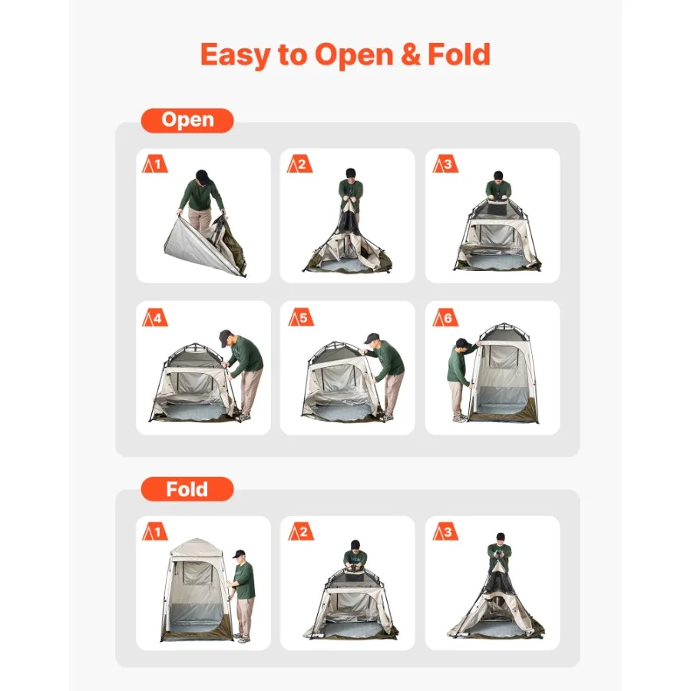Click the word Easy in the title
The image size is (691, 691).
click(x=236, y=55)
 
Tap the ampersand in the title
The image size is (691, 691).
click(x=410, y=55)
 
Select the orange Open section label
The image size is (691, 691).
click(x=187, y=121)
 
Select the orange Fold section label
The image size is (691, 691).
click(x=187, y=489)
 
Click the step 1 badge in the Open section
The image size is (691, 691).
click(x=154, y=164)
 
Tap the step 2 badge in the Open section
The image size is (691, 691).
click(x=299, y=164)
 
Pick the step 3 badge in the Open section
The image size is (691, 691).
click(x=445, y=164)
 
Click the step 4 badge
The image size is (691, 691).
click(x=154, y=317)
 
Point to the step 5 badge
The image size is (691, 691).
click(x=301, y=317)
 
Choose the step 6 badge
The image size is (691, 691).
click(x=445, y=317)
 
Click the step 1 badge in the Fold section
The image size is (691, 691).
click(x=154, y=531)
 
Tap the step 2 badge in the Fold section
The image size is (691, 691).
click(x=301, y=531)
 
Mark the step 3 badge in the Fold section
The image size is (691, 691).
click(x=445, y=531)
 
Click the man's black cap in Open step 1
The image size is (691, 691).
click(x=202, y=176)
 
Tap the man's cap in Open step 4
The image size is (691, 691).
click(x=224, y=335)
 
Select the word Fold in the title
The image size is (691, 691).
click(x=459, y=55)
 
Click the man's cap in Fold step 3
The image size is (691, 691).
click(x=500, y=537)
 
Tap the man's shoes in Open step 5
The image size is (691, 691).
click(x=386, y=416)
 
